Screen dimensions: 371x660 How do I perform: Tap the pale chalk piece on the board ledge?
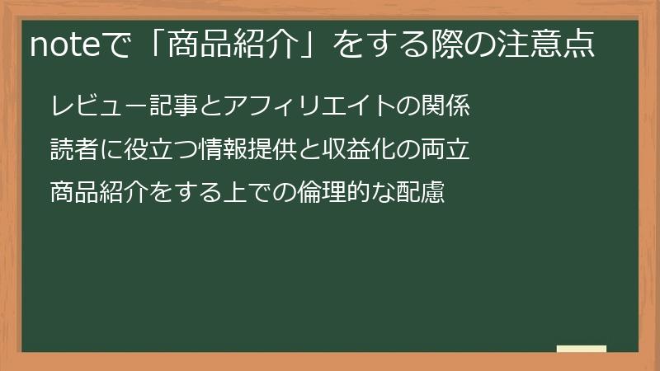point(581,349)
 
